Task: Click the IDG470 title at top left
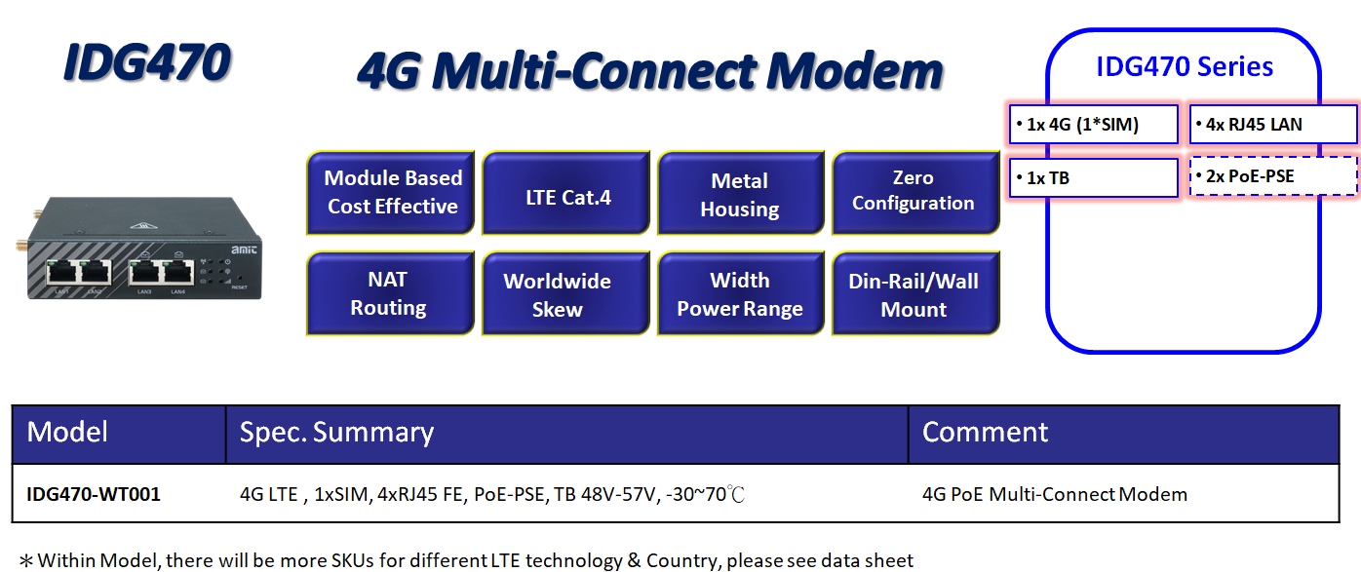click(147, 62)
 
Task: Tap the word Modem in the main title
click(854, 71)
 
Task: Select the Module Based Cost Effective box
click(391, 193)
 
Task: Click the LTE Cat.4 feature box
click(566, 193)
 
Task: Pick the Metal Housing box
click(741, 193)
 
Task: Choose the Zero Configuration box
click(915, 193)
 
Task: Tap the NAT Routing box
click(391, 293)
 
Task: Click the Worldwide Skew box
click(566, 293)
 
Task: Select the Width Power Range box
click(741, 293)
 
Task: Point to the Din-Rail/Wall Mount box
click(915, 293)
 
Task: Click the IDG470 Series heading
click(1185, 67)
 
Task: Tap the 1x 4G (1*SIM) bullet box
click(1094, 125)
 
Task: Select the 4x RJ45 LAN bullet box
click(1273, 125)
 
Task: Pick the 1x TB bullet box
click(1094, 178)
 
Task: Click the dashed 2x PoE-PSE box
click(1273, 176)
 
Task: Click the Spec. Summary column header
click(336, 433)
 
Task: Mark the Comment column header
click(985, 433)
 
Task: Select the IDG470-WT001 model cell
click(94, 494)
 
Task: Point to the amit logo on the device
click(244, 249)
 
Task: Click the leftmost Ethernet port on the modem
click(62, 272)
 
